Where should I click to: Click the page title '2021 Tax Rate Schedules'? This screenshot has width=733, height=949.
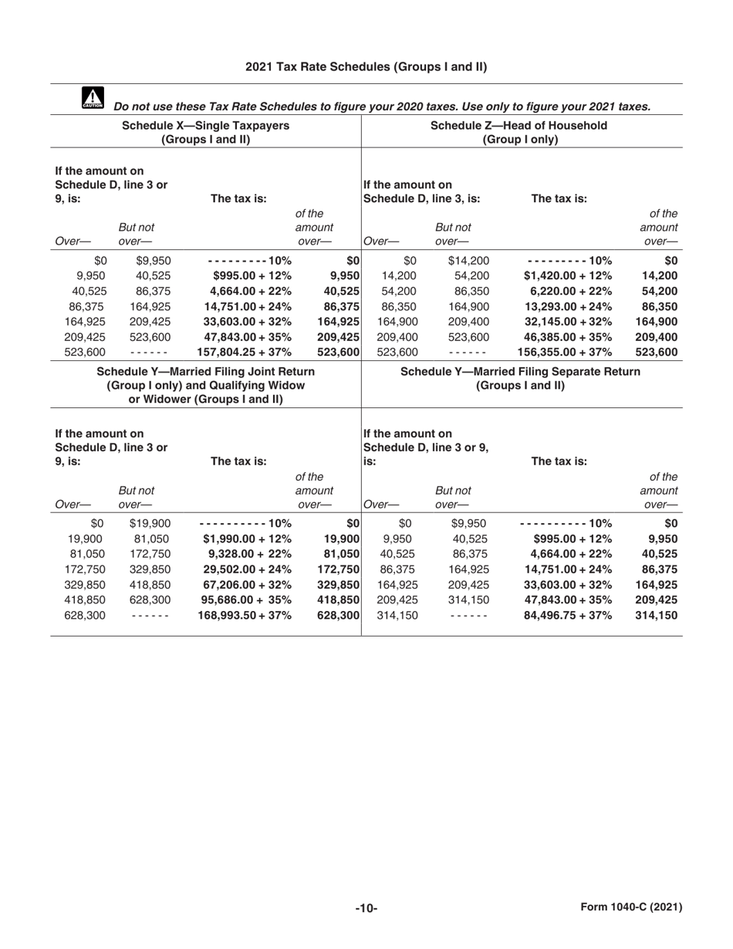(366, 67)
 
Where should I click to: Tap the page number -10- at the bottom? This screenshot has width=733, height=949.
(366, 908)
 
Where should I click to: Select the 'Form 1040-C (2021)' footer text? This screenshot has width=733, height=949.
(630, 907)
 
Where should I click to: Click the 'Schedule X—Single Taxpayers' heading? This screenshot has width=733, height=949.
(204, 125)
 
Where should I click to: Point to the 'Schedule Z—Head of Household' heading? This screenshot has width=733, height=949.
(518, 125)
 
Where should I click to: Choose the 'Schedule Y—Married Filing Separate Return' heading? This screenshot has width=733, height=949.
(521, 372)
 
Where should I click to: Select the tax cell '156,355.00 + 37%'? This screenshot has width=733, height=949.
(564, 353)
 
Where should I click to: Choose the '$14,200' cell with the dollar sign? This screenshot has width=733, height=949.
(468, 261)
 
